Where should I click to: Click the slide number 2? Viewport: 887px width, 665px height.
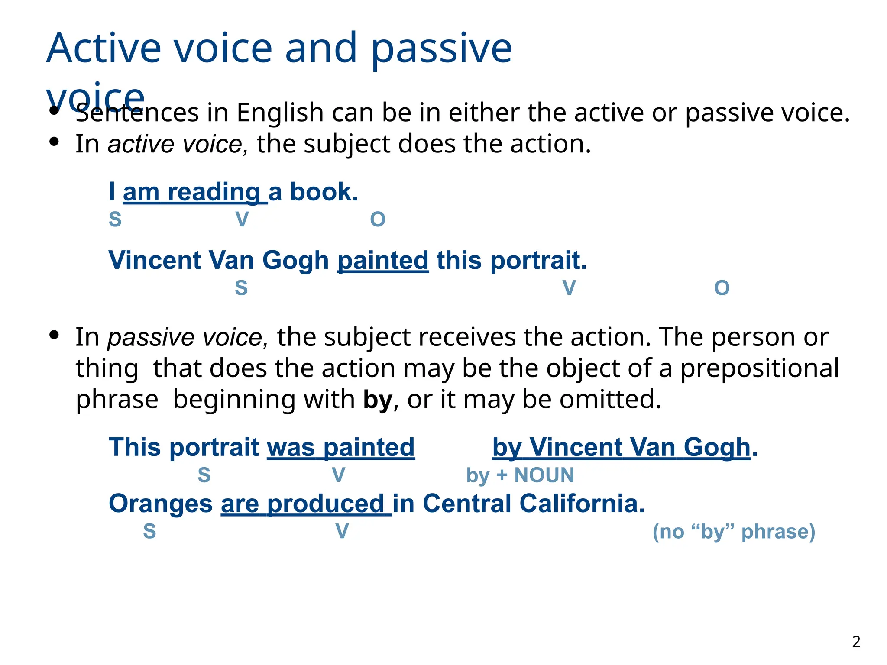(856, 642)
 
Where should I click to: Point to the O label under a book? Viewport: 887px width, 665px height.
(378, 220)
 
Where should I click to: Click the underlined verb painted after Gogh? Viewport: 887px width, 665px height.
(383, 261)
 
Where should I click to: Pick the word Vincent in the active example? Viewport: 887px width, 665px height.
(155, 261)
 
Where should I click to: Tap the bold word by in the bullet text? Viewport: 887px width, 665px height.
(378, 400)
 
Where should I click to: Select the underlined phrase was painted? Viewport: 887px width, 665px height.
(341, 447)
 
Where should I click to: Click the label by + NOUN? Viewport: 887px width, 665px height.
(520, 475)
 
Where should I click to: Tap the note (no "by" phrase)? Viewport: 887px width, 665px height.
(734, 532)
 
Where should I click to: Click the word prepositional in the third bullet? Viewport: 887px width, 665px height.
(759, 368)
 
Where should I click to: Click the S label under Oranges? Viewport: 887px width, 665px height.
(149, 531)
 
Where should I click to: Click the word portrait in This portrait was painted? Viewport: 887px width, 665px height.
(215, 447)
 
